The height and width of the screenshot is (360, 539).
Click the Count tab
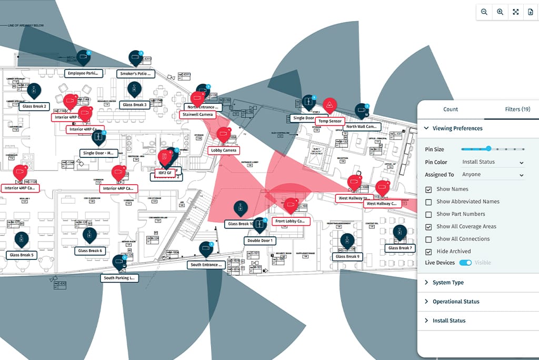click(x=451, y=109)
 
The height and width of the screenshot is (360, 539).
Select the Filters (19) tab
click(x=517, y=109)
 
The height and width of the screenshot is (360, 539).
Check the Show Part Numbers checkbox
click(x=428, y=214)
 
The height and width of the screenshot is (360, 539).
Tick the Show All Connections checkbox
click(x=428, y=239)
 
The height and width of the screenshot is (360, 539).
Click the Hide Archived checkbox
click(x=428, y=252)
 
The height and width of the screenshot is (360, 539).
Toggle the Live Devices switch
click(x=465, y=263)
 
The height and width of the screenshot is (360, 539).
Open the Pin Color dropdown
click(x=493, y=163)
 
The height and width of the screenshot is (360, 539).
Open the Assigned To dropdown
click(x=493, y=175)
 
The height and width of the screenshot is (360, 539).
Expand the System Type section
click(x=448, y=283)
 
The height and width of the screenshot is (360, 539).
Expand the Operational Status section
click(x=455, y=302)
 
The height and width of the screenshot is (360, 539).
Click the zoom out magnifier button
click(x=484, y=12)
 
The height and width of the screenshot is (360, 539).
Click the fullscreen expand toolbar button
click(x=515, y=12)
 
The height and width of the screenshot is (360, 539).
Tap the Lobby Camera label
click(x=224, y=151)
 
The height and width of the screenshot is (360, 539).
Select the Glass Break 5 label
click(x=22, y=255)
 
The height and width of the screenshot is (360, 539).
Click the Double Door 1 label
click(x=260, y=241)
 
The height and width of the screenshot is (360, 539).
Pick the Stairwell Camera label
click(x=198, y=114)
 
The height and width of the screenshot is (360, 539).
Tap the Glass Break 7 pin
click(x=400, y=233)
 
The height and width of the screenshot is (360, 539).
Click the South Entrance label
click(x=206, y=265)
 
